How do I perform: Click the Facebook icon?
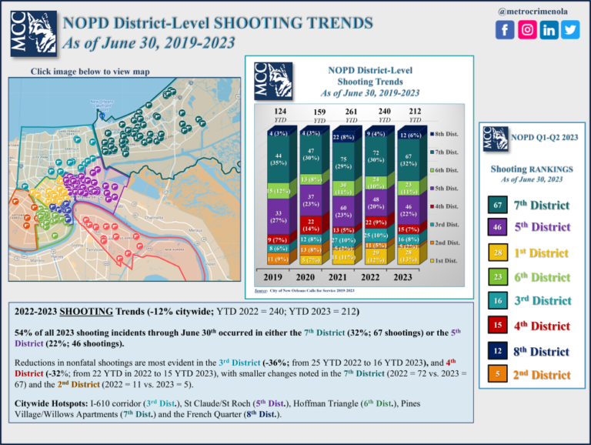505,30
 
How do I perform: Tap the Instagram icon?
527,30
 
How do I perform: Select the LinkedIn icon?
549,30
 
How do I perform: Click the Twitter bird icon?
570,30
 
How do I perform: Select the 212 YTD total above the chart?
415,115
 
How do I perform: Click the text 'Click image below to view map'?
90,72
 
